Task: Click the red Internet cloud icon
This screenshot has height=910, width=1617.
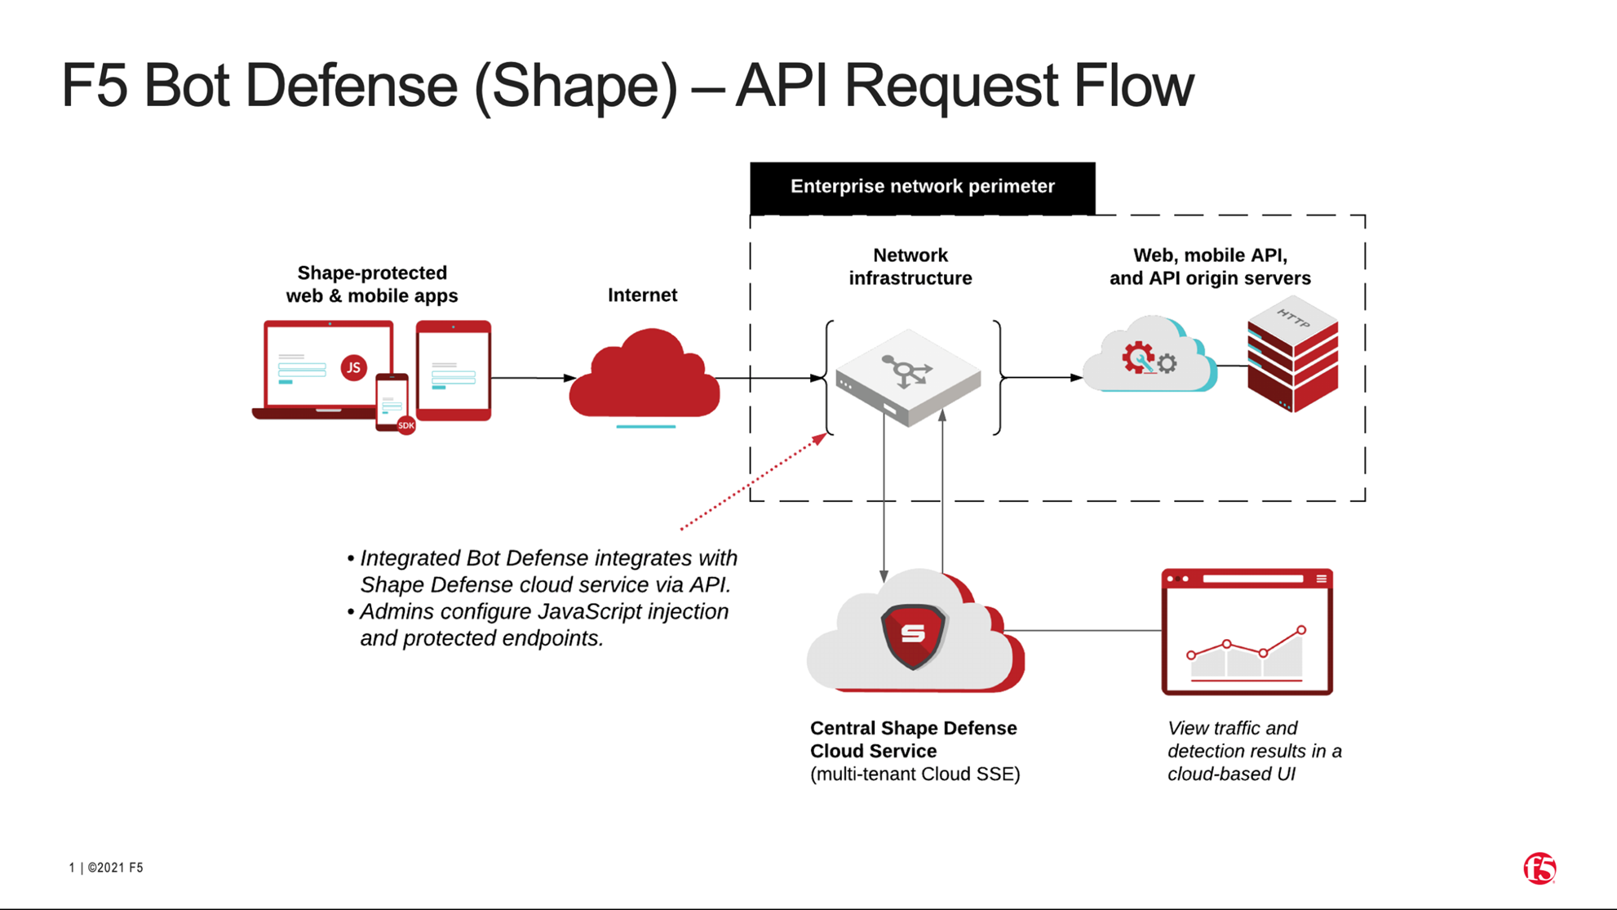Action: [x=645, y=375]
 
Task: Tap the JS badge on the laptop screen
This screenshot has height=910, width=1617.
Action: [x=353, y=367]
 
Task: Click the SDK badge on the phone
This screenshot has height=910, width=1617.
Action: [x=405, y=425]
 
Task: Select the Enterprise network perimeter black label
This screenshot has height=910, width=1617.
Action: [x=922, y=187]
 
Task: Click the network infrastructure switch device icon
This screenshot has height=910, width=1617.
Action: [x=908, y=376]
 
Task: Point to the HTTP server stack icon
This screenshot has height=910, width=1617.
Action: [x=1292, y=355]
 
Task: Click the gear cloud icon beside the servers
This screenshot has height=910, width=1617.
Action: [x=1149, y=357]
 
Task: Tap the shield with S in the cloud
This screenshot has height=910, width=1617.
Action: [x=913, y=634]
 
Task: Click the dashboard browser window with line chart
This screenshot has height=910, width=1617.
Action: [x=1247, y=632]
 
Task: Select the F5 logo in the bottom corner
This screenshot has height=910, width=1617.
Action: [x=1539, y=868]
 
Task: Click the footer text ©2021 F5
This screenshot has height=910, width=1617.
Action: [x=115, y=868]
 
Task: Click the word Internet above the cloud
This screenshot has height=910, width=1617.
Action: [x=642, y=295]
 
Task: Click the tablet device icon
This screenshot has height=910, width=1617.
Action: [x=454, y=371]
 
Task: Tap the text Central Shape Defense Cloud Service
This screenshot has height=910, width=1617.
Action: [x=912, y=739]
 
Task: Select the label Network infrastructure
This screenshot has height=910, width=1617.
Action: [x=910, y=267]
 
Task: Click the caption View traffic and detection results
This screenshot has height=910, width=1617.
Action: [x=1253, y=751]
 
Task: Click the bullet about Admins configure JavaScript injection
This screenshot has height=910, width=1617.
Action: [x=543, y=625]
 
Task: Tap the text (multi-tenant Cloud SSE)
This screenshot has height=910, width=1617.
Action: [x=915, y=775]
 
